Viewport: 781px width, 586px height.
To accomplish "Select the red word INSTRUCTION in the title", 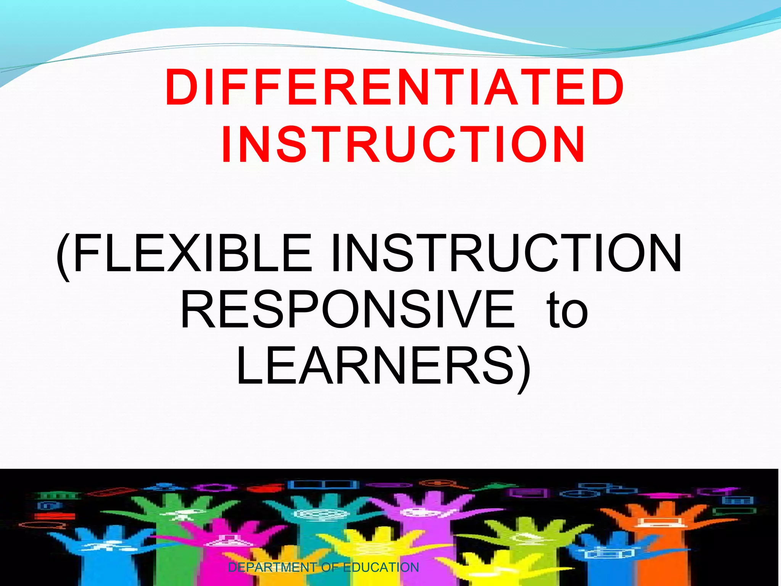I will (403, 145).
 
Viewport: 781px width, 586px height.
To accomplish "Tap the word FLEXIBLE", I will (193, 253).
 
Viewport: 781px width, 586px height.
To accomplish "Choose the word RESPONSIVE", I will (347, 309).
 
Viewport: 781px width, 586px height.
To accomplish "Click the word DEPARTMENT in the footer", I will (272, 567).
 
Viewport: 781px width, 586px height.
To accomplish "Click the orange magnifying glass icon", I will (442, 484).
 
